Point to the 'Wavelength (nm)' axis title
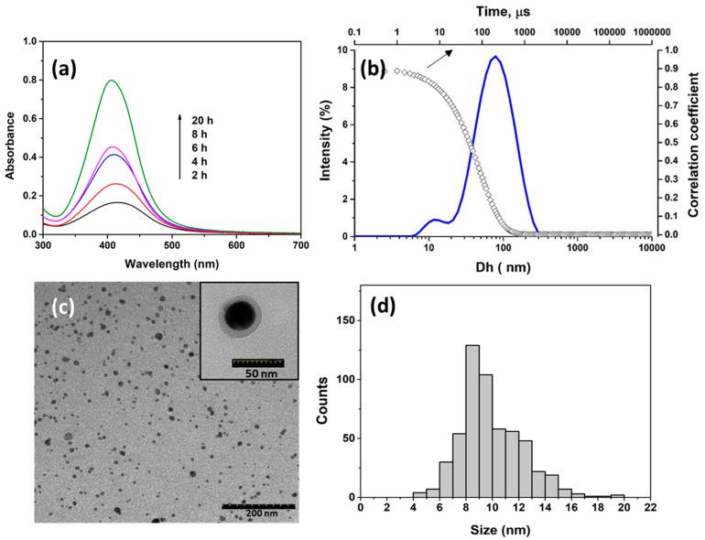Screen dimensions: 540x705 177,265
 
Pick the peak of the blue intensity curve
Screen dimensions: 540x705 495,57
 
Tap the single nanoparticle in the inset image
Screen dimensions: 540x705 242,317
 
